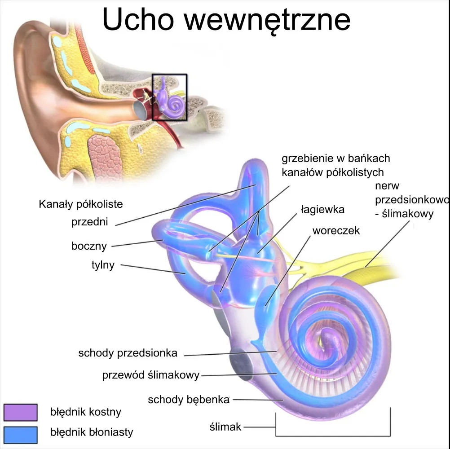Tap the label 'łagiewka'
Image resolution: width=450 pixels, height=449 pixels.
322,210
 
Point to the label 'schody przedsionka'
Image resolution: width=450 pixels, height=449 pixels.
128,353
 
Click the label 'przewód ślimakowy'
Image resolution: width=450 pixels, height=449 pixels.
150,375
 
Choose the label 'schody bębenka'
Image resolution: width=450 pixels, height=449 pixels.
189,400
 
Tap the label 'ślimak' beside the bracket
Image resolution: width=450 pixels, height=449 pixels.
225,427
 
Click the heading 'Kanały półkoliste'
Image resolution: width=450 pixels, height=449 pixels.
81,204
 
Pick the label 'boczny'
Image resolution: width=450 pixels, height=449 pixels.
89,246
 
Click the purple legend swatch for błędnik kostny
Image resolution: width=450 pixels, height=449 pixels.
20,412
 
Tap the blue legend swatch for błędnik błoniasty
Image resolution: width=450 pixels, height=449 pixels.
20,433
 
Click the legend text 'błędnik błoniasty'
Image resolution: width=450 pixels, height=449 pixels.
92,433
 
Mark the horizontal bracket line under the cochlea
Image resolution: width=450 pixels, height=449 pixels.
332,436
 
